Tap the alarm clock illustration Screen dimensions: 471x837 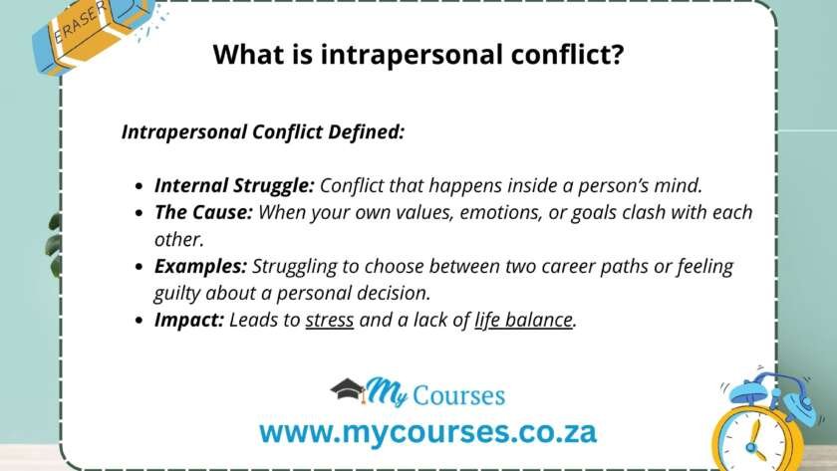pos(760,423)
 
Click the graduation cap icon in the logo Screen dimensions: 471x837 pos(348,389)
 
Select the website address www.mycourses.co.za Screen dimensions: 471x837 pos(427,431)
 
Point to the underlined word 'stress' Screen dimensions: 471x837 pos(330,321)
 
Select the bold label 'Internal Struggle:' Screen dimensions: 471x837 pos(235,185)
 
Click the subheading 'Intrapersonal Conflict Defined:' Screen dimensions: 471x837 pos(263,131)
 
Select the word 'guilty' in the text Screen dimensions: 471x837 pos(180,294)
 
